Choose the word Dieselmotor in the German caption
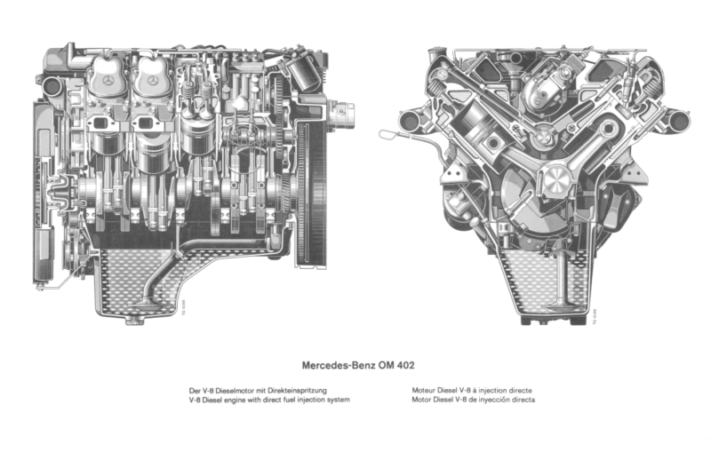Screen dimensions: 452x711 point(229,390)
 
